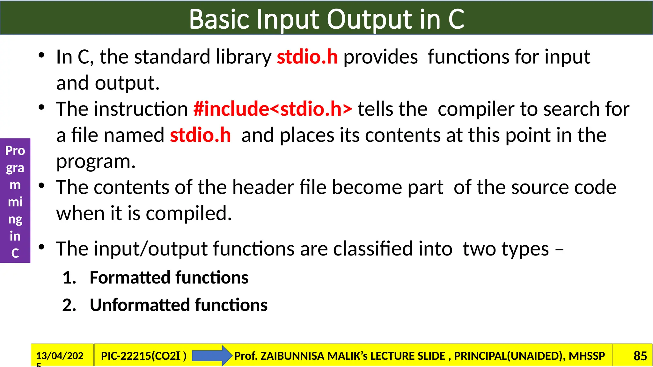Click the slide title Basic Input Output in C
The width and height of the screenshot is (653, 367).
pos(326,19)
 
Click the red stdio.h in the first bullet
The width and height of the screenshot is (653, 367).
pos(307,57)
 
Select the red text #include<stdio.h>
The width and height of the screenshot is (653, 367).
pos(273,109)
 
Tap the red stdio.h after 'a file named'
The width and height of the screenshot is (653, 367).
pos(200,135)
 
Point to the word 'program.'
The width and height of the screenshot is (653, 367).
pos(96,162)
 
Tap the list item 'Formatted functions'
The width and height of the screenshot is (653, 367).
pos(169,277)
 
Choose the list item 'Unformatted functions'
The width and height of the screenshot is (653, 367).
pos(179,305)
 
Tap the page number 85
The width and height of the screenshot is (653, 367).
pos(640,356)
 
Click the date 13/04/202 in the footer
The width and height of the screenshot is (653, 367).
pos(60,356)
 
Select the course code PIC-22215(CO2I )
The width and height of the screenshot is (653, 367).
pos(143,356)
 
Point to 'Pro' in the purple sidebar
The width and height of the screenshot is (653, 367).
pos(15,151)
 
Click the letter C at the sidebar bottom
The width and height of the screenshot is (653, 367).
pos(15,253)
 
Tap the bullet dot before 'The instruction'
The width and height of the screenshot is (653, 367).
pos(41,107)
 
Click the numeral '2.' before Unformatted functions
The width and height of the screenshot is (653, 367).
pos(69,305)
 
